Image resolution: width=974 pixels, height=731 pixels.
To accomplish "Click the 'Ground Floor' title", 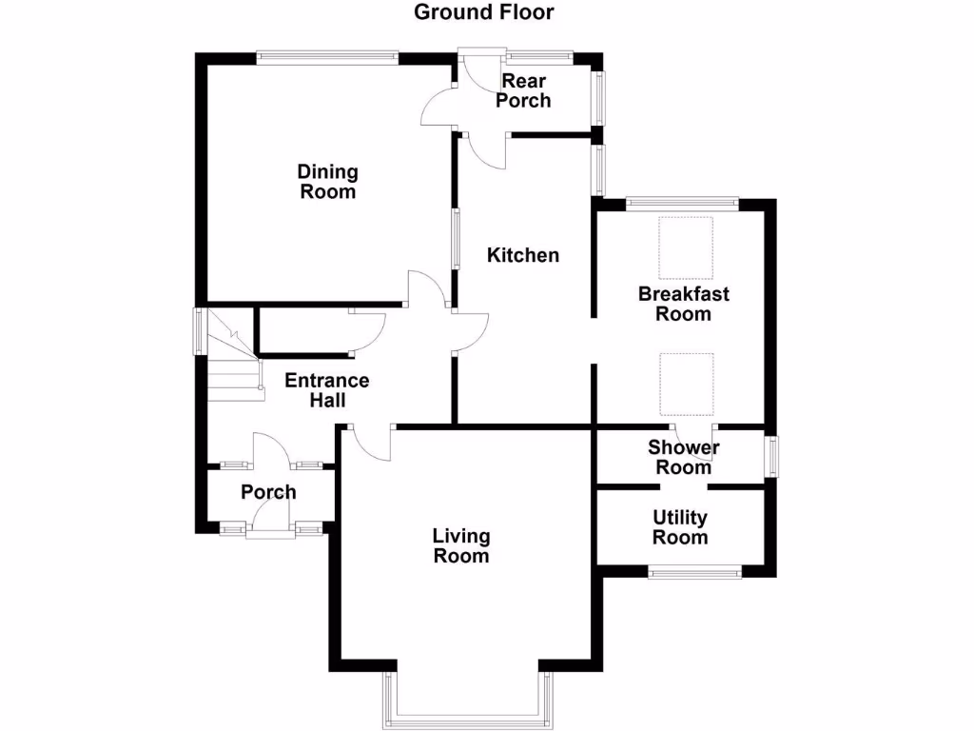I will pos(484,12).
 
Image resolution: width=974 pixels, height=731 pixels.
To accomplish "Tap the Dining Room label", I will pos(328,182).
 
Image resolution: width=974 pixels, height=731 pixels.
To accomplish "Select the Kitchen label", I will pos(523,255).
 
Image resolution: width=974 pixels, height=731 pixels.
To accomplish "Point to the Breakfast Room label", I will pos(683,304).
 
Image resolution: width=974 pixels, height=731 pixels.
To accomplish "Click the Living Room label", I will pos(461,546).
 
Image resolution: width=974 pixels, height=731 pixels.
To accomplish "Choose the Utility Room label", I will pos(680,527).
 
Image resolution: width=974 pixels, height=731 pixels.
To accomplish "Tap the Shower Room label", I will pos(683,457).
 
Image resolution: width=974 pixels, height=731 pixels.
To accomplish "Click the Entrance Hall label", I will pos(327,390).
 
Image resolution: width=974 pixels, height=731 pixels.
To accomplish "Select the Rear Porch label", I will pos(523,90).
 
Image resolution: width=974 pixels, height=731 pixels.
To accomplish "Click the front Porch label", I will pos(268,492).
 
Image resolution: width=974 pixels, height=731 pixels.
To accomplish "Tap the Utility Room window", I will pos(694,572).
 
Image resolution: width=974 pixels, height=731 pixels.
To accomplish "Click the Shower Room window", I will pos(772,456).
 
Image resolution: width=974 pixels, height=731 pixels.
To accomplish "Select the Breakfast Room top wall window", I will pos(681,203).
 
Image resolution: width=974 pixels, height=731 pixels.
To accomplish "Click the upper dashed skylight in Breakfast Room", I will pos(687,247).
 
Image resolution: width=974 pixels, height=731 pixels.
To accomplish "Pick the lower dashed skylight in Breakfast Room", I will pos(687,383).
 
